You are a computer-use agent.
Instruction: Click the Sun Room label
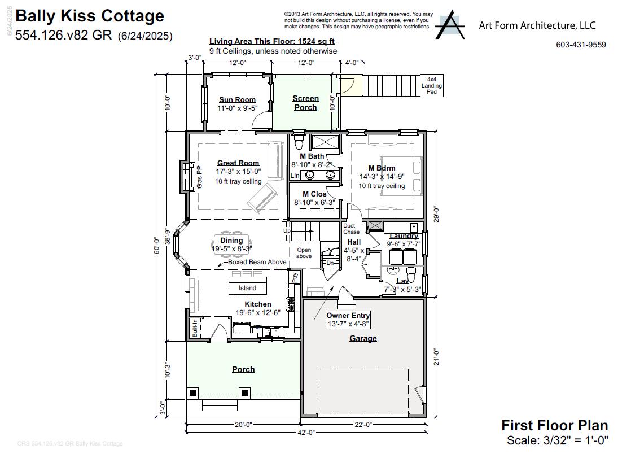click(237, 100)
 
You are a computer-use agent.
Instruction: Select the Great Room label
click(238, 163)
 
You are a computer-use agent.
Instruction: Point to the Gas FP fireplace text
click(199, 177)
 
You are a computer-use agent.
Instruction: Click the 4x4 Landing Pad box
click(432, 86)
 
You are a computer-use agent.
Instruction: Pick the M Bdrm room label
click(382, 168)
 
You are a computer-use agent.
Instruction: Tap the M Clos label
click(314, 194)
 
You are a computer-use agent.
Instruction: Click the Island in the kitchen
click(247, 287)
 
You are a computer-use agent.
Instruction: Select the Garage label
click(363, 338)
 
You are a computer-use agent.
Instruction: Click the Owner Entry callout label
click(348, 316)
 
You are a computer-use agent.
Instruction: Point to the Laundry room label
click(404, 236)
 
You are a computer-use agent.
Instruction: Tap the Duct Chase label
click(351, 229)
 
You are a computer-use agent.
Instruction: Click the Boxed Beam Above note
click(257, 262)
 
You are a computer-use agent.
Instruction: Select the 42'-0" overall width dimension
click(305, 432)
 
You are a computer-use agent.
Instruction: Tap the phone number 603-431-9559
click(581, 45)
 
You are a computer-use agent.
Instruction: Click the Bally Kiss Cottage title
click(90, 16)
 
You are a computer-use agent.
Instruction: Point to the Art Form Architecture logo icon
click(450, 25)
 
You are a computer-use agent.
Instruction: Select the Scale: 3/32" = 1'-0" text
click(557, 440)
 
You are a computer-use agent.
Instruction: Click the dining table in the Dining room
click(232, 239)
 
